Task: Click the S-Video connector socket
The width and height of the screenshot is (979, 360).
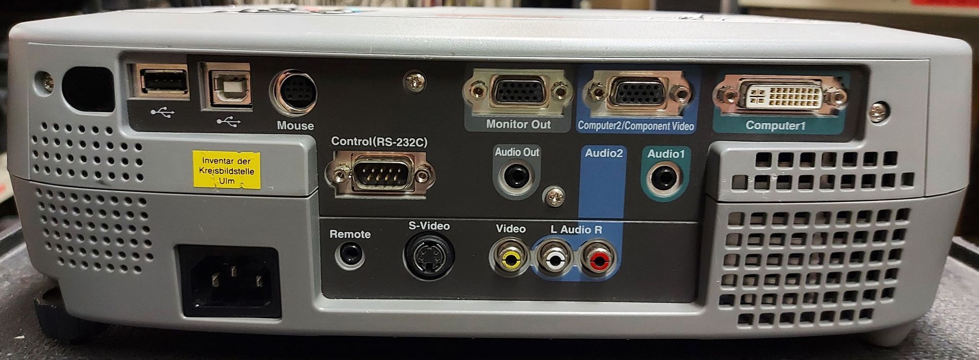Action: click(429, 256)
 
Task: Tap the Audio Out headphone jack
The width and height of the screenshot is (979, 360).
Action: click(516, 177)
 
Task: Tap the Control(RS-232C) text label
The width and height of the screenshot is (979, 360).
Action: click(379, 142)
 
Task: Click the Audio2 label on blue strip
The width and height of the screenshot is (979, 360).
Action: click(604, 153)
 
